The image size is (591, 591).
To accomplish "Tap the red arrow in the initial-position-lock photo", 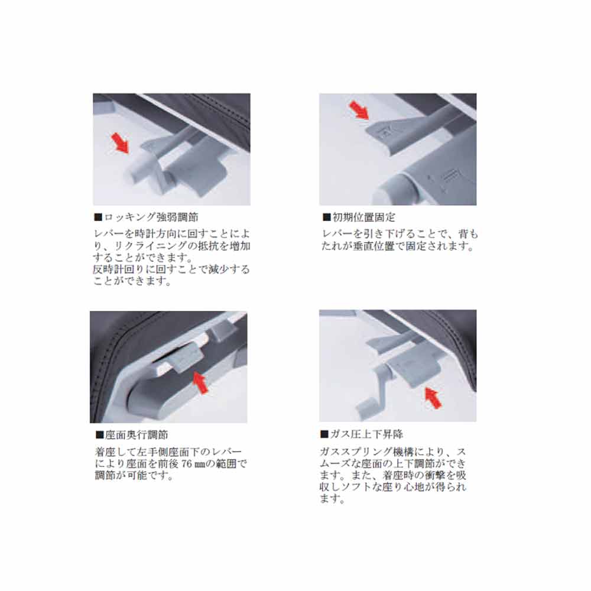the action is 359,109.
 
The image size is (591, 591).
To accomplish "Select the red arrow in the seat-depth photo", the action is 200,382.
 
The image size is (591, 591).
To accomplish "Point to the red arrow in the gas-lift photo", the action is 433,398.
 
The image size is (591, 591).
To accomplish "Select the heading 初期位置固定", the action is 363,217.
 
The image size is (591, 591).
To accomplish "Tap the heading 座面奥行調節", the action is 137,435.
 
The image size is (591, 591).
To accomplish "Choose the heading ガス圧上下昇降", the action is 366,434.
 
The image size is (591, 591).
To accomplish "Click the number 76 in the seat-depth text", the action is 187,463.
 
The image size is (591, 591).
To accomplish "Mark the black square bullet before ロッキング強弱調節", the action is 98,217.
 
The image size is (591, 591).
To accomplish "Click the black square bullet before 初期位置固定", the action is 326,217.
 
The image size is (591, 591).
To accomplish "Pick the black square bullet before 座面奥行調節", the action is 99,435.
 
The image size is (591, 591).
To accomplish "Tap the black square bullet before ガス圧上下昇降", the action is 324,434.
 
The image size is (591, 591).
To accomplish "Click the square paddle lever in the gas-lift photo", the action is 411,372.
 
